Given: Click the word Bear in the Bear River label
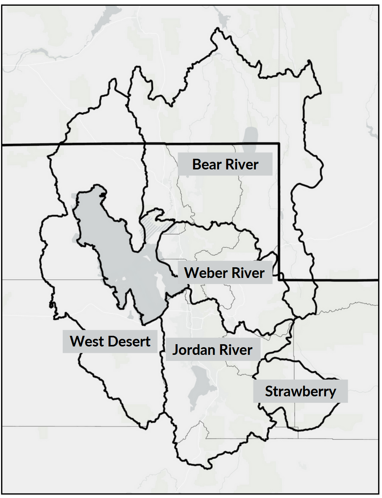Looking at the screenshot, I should (207, 164).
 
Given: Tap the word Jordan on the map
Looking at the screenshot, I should (191, 350).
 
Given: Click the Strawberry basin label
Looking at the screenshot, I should (300, 391).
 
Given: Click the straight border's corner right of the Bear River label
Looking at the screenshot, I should (279, 144).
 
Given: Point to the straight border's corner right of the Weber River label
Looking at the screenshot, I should (279, 280).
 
